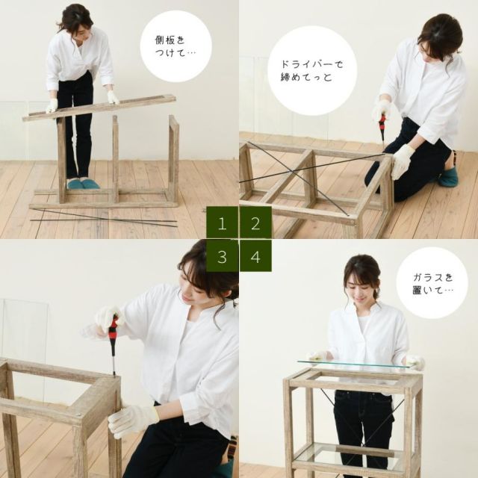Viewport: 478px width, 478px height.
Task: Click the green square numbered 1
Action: click(x=223, y=223)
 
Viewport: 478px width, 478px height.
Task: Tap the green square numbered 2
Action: click(x=255, y=223)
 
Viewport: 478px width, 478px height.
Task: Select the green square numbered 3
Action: click(x=223, y=256)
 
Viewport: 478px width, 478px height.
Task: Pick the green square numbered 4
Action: click(x=255, y=256)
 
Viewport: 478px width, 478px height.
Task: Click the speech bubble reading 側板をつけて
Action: click(x=176, y=46)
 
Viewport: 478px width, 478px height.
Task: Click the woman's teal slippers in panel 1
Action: click(x=82, y=184)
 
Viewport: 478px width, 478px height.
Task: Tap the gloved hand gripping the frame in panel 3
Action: click(x=131, y=420)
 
